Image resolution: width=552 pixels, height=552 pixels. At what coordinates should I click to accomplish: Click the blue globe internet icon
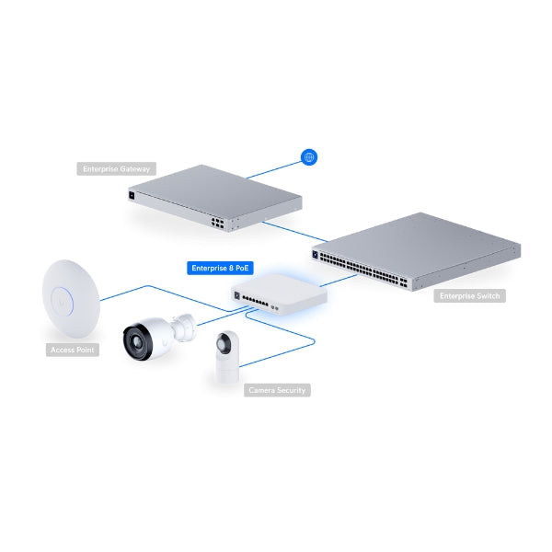[x=309, y=158]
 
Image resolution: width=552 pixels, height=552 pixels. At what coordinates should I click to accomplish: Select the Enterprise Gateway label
[x=117, y=168]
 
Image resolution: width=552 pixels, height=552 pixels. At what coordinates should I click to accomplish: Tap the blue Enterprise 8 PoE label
[x=220, y=269]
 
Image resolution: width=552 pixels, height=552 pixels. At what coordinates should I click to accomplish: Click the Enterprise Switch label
[x=469, y=296]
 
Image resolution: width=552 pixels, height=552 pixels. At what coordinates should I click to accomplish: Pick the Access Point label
[x=73, y=351]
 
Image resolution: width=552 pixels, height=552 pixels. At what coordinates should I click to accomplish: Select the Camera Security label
[x=277, y=390]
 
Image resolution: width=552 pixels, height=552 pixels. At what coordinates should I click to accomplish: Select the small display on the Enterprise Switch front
[x=316, y=249]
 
